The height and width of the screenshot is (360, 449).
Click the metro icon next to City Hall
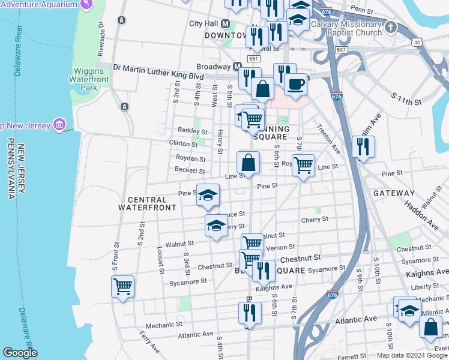(x=226, y=24)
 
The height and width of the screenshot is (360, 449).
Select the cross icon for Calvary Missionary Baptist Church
(x=391, y=27)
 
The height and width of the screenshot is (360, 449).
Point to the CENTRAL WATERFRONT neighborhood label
(x=147, y=203)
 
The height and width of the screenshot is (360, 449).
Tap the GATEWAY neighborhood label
(x=394, y=193)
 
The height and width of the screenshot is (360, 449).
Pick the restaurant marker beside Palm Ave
(x=363, y=146)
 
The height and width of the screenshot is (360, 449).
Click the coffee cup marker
(x=295, y=83)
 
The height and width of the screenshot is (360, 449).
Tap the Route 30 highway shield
(x=417, y=42)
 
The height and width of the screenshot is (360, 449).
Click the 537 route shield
(x=342, y=49)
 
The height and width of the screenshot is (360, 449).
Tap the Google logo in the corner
(x=20, y=353)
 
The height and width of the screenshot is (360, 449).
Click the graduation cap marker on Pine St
(x=208, y=195)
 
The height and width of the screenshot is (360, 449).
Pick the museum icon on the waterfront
(x=59, y=125)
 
